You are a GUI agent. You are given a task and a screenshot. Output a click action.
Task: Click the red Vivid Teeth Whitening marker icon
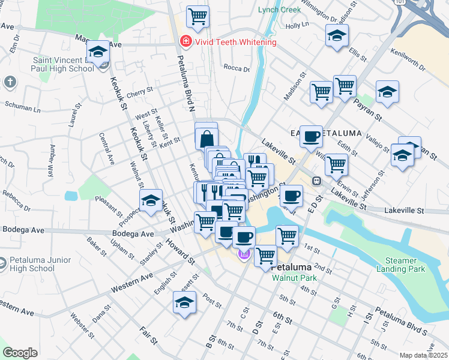click(x=185, y=42)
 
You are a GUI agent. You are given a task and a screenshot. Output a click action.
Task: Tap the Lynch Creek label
click(x=279, y=10)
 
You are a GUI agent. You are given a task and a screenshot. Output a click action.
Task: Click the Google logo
click(x=19, y=353)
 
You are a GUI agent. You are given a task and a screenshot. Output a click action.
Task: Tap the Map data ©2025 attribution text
click(x=423, y=355)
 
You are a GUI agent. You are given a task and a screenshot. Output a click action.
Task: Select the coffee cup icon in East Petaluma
click(x=310, y=136)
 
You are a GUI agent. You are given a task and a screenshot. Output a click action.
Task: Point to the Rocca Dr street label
click(x=236, y=68)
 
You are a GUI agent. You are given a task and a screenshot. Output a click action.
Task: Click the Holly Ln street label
click(x=297, y=25)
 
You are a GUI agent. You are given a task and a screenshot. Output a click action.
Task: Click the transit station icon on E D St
click(x=316, y=181)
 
